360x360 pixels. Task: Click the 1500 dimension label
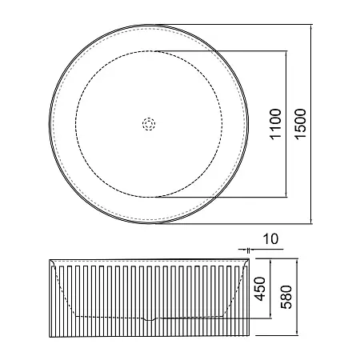[301, 123]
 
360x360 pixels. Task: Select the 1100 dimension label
[276, 124]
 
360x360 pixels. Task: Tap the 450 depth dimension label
[260, 289]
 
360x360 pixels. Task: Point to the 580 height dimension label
[286, 297]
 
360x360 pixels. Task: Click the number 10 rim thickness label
[270, 239]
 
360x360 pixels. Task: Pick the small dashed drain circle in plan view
[149, 124]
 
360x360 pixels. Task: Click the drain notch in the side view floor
[150, 318]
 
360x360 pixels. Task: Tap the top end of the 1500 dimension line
[311, 25]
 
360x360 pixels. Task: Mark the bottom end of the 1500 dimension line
[311, 224]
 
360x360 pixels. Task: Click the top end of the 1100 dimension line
[286, 50]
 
